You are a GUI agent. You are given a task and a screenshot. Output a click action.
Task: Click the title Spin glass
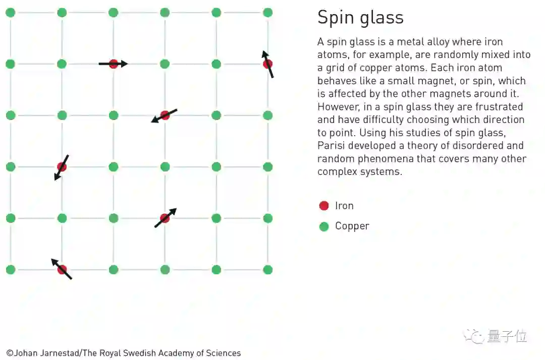(360, 18)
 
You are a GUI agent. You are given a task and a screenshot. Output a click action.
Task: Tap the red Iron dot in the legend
(324, 206)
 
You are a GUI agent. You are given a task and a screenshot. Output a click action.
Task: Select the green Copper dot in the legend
(324, 227)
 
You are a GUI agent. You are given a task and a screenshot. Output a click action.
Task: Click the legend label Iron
(344, 206)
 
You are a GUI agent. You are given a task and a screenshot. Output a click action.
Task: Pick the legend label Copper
(352, 226)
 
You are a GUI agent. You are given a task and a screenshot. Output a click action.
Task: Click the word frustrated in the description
(497, 107)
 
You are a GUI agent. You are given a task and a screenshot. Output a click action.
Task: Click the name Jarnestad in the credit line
(60, 353)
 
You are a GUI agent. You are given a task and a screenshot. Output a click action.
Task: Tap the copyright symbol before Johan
(10, 353)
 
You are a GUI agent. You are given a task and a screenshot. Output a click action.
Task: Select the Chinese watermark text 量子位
(507, 336)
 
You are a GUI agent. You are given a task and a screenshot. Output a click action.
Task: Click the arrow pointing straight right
(113, 64)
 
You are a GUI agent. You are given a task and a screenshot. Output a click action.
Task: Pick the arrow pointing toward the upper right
(166, 218)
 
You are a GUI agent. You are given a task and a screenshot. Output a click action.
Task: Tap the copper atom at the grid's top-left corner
(10, 13)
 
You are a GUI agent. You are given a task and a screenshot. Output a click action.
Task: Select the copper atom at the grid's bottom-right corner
(267, 270)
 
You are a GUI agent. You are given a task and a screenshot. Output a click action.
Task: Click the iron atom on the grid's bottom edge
(62, 269)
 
